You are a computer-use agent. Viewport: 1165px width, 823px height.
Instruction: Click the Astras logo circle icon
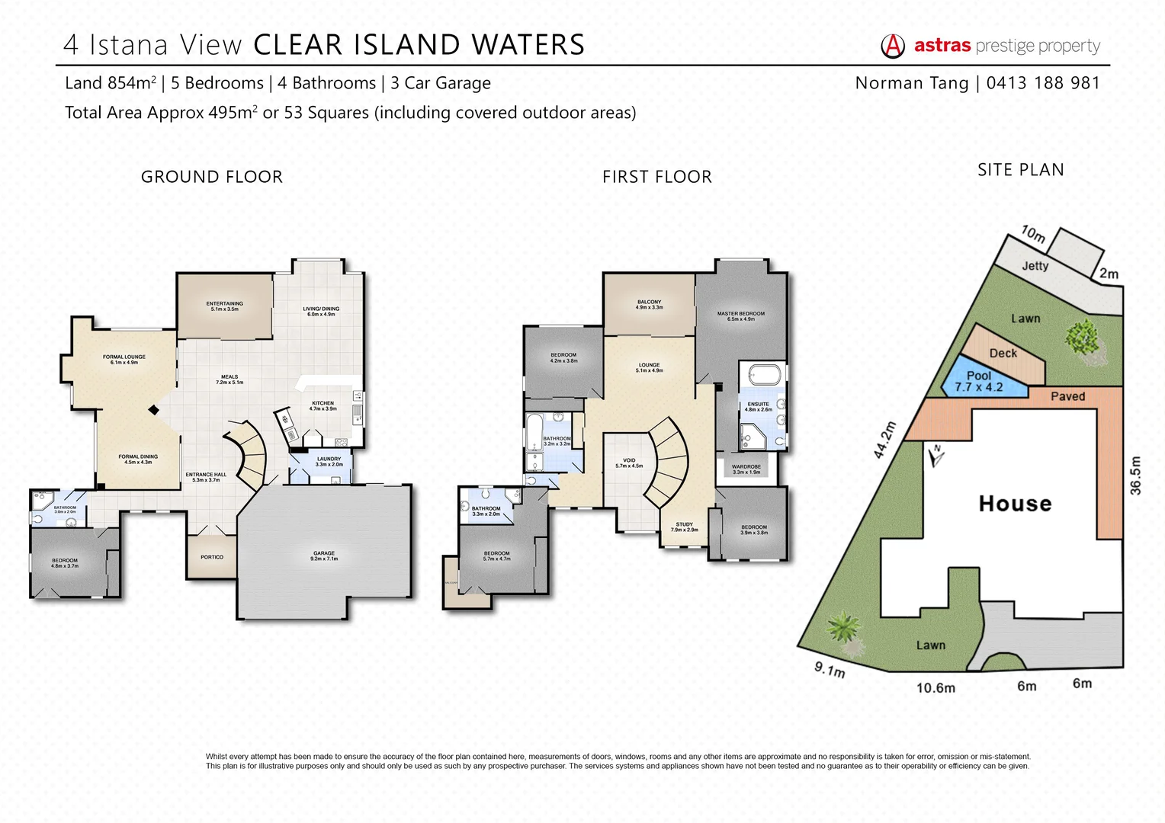pos(893,46)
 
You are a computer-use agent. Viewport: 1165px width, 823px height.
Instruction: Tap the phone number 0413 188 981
pos(1043,83)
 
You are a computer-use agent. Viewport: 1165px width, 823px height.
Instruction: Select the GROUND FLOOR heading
pos(212,177)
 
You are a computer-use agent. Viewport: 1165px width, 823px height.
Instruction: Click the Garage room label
pos(324,556)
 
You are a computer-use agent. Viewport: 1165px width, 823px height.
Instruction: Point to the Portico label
pos(212,557)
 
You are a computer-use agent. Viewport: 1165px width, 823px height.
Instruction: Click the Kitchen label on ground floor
pos(323,405)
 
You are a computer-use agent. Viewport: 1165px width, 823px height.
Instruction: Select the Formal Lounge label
pos(124,359)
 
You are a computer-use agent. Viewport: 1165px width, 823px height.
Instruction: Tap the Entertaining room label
pos(224,306)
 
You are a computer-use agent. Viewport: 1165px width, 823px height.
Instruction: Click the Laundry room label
pos(329,461)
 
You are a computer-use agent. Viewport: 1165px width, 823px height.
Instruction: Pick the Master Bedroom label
pos(740,315)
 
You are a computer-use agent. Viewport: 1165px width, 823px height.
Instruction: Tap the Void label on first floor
pos(629,463)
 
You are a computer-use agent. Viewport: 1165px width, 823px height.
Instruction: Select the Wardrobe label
pos(746,469)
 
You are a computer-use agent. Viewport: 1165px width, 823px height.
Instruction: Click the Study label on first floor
pos(684,527)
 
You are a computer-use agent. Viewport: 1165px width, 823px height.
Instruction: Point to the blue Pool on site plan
pos(980,380)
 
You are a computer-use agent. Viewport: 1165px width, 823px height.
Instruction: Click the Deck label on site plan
pos(1003,353)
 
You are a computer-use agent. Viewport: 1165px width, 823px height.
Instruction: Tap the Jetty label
pos(1035,266)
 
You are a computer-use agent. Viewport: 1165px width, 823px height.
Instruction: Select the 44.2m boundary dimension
pos(884,440)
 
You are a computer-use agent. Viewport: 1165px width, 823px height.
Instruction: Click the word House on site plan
pos(1015,504)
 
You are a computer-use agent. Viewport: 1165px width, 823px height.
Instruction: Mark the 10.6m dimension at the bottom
pos(936,688)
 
